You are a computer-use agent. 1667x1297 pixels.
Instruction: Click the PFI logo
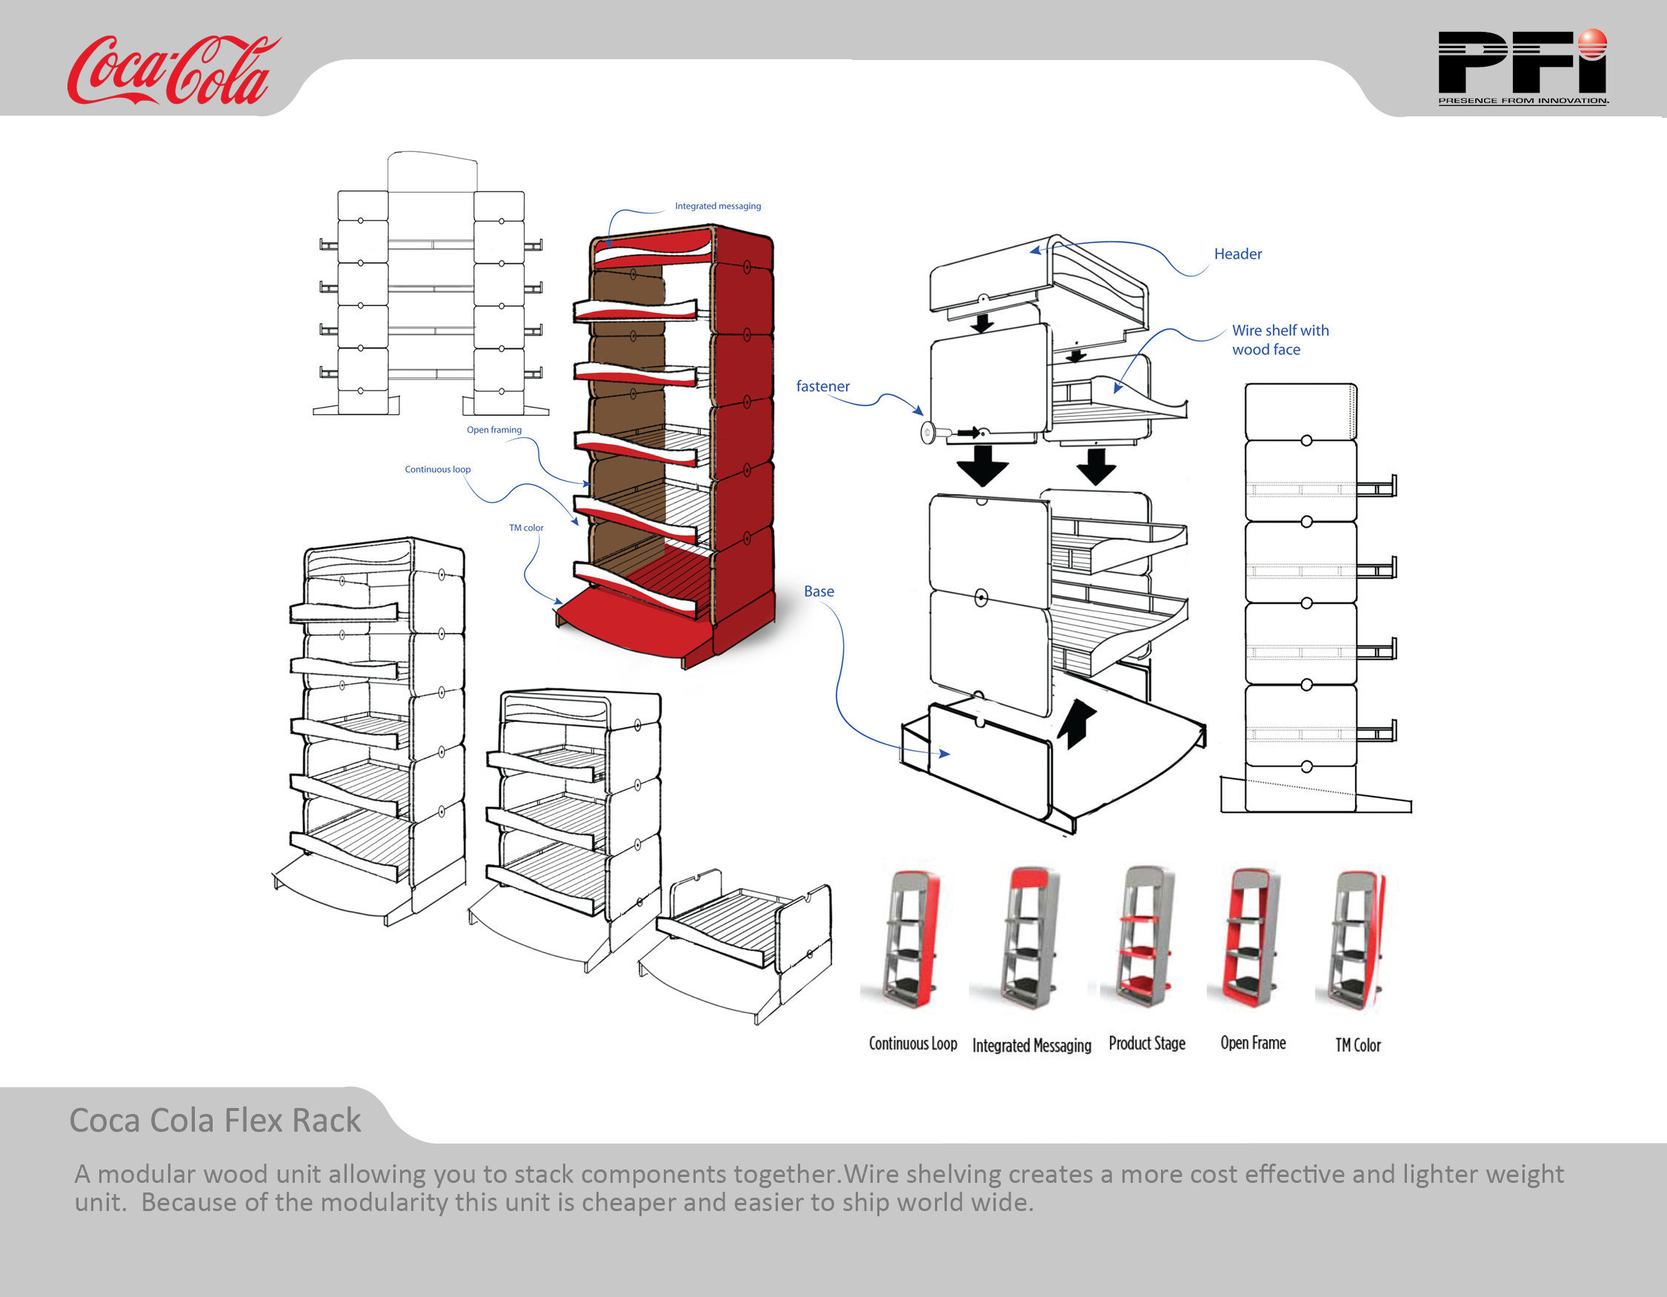(x=1521, y=67)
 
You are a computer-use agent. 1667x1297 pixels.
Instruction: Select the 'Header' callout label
(x=1237, y=254)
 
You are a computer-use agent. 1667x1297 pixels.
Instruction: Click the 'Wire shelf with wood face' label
(x=1280, y=339)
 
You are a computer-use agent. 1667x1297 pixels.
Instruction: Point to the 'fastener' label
(x=822, y=386)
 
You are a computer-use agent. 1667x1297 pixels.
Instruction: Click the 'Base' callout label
(x=818, y=591)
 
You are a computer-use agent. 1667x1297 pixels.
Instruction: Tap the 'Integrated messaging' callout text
(x=717, y=206)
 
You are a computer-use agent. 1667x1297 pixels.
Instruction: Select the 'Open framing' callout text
(x=494, y=430)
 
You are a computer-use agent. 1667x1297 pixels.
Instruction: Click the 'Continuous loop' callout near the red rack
(x=437, y=469)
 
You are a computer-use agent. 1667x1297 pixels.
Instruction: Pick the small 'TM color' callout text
(x=526, y=528)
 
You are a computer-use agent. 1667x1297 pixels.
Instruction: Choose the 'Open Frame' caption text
(x=1253, y=1043)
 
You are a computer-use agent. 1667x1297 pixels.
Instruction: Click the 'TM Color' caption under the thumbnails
(x=1357, y=1045)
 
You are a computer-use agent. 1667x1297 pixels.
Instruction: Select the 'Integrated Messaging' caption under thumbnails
(x=1031, y=1045)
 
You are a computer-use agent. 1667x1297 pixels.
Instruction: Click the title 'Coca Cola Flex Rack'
(x=216, y=1121)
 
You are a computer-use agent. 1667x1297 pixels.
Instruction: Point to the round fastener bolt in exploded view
(x=928, y=433)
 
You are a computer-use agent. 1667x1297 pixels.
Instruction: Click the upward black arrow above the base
(x=1076, y=722)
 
